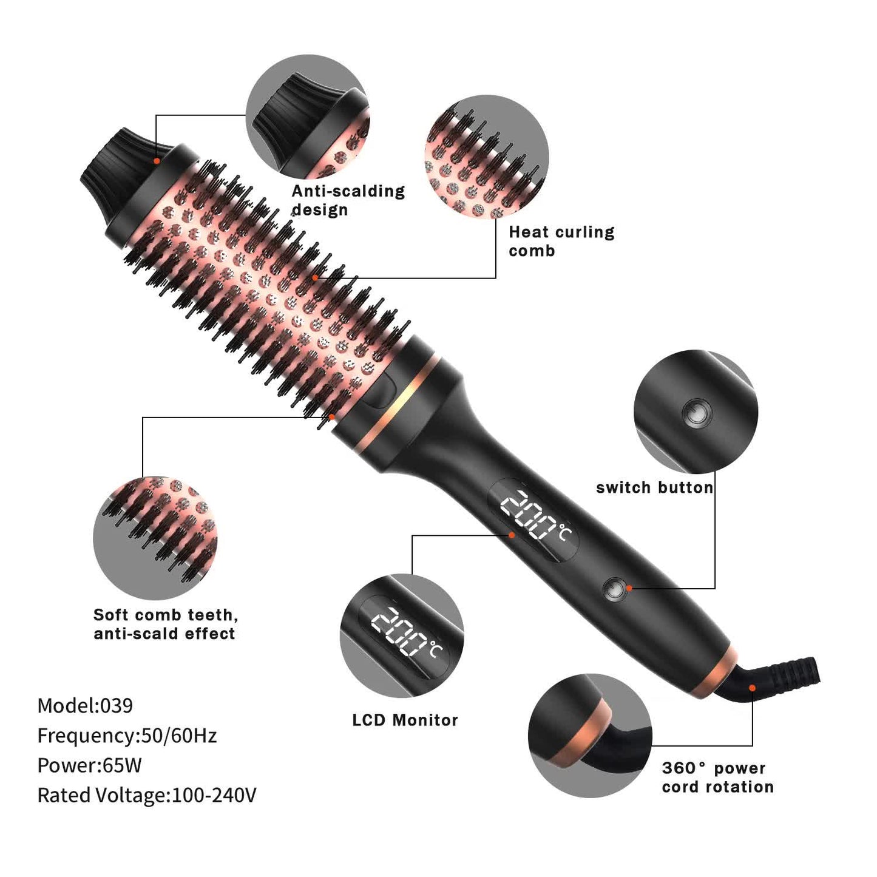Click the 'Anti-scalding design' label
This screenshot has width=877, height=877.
[x=348, y=200]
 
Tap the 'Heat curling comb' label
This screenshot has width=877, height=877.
[x=561, y=241]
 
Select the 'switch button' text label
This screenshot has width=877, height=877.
[x=654, y=488]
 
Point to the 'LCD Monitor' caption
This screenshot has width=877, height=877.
[x=405, y=720]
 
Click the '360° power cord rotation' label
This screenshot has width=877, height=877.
[x=717, y=777]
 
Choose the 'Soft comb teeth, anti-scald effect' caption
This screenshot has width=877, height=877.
[x=165, y=624]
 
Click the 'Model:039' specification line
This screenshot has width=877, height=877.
[x=85, y=705]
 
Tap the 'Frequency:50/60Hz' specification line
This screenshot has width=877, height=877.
[x=127, y=736]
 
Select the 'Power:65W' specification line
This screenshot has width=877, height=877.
[x=89, y=765]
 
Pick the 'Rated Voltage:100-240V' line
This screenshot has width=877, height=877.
[x=147, y=795]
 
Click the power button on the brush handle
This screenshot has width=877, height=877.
[x=614, y=588]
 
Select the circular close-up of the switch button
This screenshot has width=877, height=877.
[x=696, y=412]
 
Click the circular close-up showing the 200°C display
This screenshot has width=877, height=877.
[x=402, y=635]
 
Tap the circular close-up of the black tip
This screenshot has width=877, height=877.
[x=308, y=116]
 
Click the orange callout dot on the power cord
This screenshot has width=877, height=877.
[x=752, y=688]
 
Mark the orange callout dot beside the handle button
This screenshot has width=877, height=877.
[x=629, y=587]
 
